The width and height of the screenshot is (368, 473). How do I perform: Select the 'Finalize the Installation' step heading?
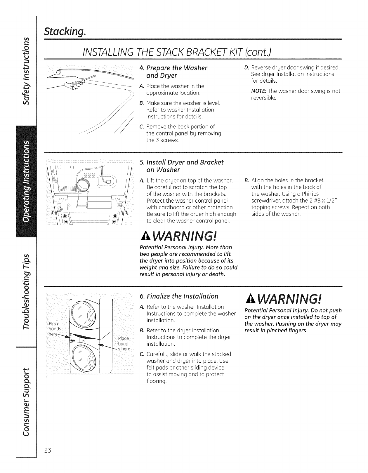pos(181,296)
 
